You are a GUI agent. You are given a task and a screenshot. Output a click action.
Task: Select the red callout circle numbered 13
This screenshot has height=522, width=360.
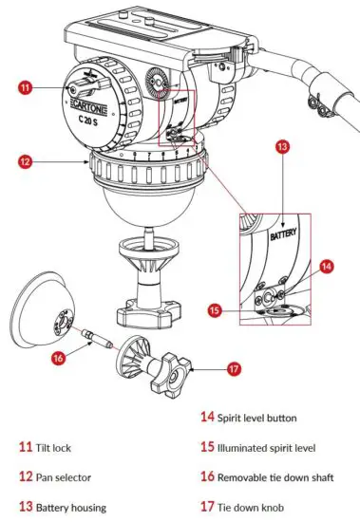pos(282,146)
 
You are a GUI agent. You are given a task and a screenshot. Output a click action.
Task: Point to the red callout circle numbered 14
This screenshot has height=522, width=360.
pos(326,269)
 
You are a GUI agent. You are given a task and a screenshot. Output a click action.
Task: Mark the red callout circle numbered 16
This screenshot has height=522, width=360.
pos(59,358)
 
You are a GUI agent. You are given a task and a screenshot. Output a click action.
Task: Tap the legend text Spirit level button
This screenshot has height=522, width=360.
pos(269,416)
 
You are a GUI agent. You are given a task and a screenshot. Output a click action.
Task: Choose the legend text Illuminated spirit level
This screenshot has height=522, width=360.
pos(283,445)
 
